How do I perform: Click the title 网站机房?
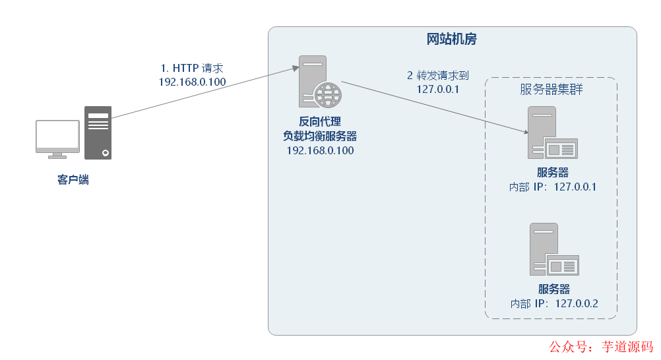[452, 40]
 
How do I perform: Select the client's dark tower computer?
[98, 133]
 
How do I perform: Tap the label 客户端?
[73, 179]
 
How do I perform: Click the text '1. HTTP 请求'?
[192, 68]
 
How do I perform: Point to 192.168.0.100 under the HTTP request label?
[192, 82]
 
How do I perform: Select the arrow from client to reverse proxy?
[201, 93]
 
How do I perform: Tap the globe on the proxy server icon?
[327, 95]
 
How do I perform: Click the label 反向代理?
[320, 122]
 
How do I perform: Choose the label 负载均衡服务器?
[320, 136]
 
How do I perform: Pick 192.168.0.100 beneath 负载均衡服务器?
[320, 151]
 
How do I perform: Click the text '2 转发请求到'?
[438, 75]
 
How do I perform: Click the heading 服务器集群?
[551, 90]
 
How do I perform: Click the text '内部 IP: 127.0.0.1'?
[553, 187]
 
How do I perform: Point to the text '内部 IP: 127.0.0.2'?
[554, 303]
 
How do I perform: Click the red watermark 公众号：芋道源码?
[601, 347]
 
